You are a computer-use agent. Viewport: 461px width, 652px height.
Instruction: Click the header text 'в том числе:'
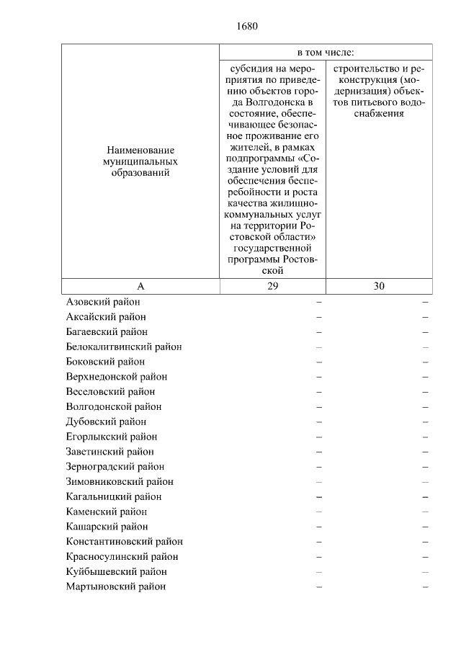(x=326, y=53)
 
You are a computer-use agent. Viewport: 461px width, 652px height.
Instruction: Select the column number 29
(x=272, y=286)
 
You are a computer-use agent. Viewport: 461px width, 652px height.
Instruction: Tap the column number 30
(x=379, y=286)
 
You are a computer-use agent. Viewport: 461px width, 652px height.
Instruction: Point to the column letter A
(x=140, y=286)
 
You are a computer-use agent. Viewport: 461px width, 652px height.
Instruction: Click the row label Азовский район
(x=103, y=302)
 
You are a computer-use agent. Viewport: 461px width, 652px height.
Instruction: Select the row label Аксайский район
(x=106, y=317)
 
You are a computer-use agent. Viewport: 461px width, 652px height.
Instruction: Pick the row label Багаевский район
(x=107, y=331)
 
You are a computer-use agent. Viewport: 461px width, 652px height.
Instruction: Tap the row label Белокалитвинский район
(x=124, y=347)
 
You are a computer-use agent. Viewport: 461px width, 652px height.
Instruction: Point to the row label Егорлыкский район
(x=112, y=437)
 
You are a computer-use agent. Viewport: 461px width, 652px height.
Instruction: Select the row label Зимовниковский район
(x=120, y=481)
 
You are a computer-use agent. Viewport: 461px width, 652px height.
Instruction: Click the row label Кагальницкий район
(x=114, y=496)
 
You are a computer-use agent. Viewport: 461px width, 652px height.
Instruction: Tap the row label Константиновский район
(x=125, y=541)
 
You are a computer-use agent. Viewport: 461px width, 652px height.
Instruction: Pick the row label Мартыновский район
(x=116, y=586)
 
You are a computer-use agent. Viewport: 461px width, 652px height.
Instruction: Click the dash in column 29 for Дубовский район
(x=318, y=421)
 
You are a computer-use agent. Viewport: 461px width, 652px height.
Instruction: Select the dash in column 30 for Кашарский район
(x=425, y=527)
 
